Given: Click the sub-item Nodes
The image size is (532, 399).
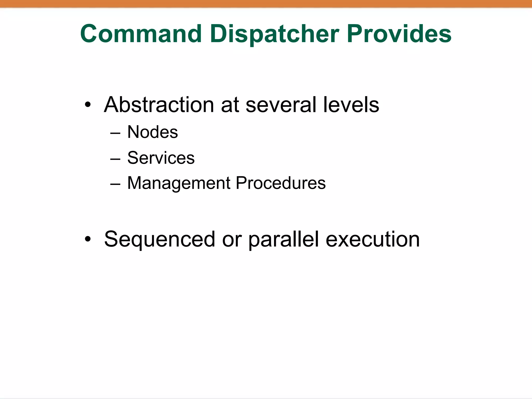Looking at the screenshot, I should click(152, 132).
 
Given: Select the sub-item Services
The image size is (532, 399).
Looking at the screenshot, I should click(161, 158).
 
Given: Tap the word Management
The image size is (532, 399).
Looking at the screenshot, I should click(179, 183).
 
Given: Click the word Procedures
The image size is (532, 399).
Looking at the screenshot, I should click(281, 183).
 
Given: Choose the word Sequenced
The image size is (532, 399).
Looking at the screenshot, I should click(159, 240).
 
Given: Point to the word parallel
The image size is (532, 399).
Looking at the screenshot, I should click(283, 240).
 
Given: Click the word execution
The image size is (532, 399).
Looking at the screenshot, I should click(373, 240).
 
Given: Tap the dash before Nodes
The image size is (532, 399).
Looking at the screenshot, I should click(115, 133).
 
